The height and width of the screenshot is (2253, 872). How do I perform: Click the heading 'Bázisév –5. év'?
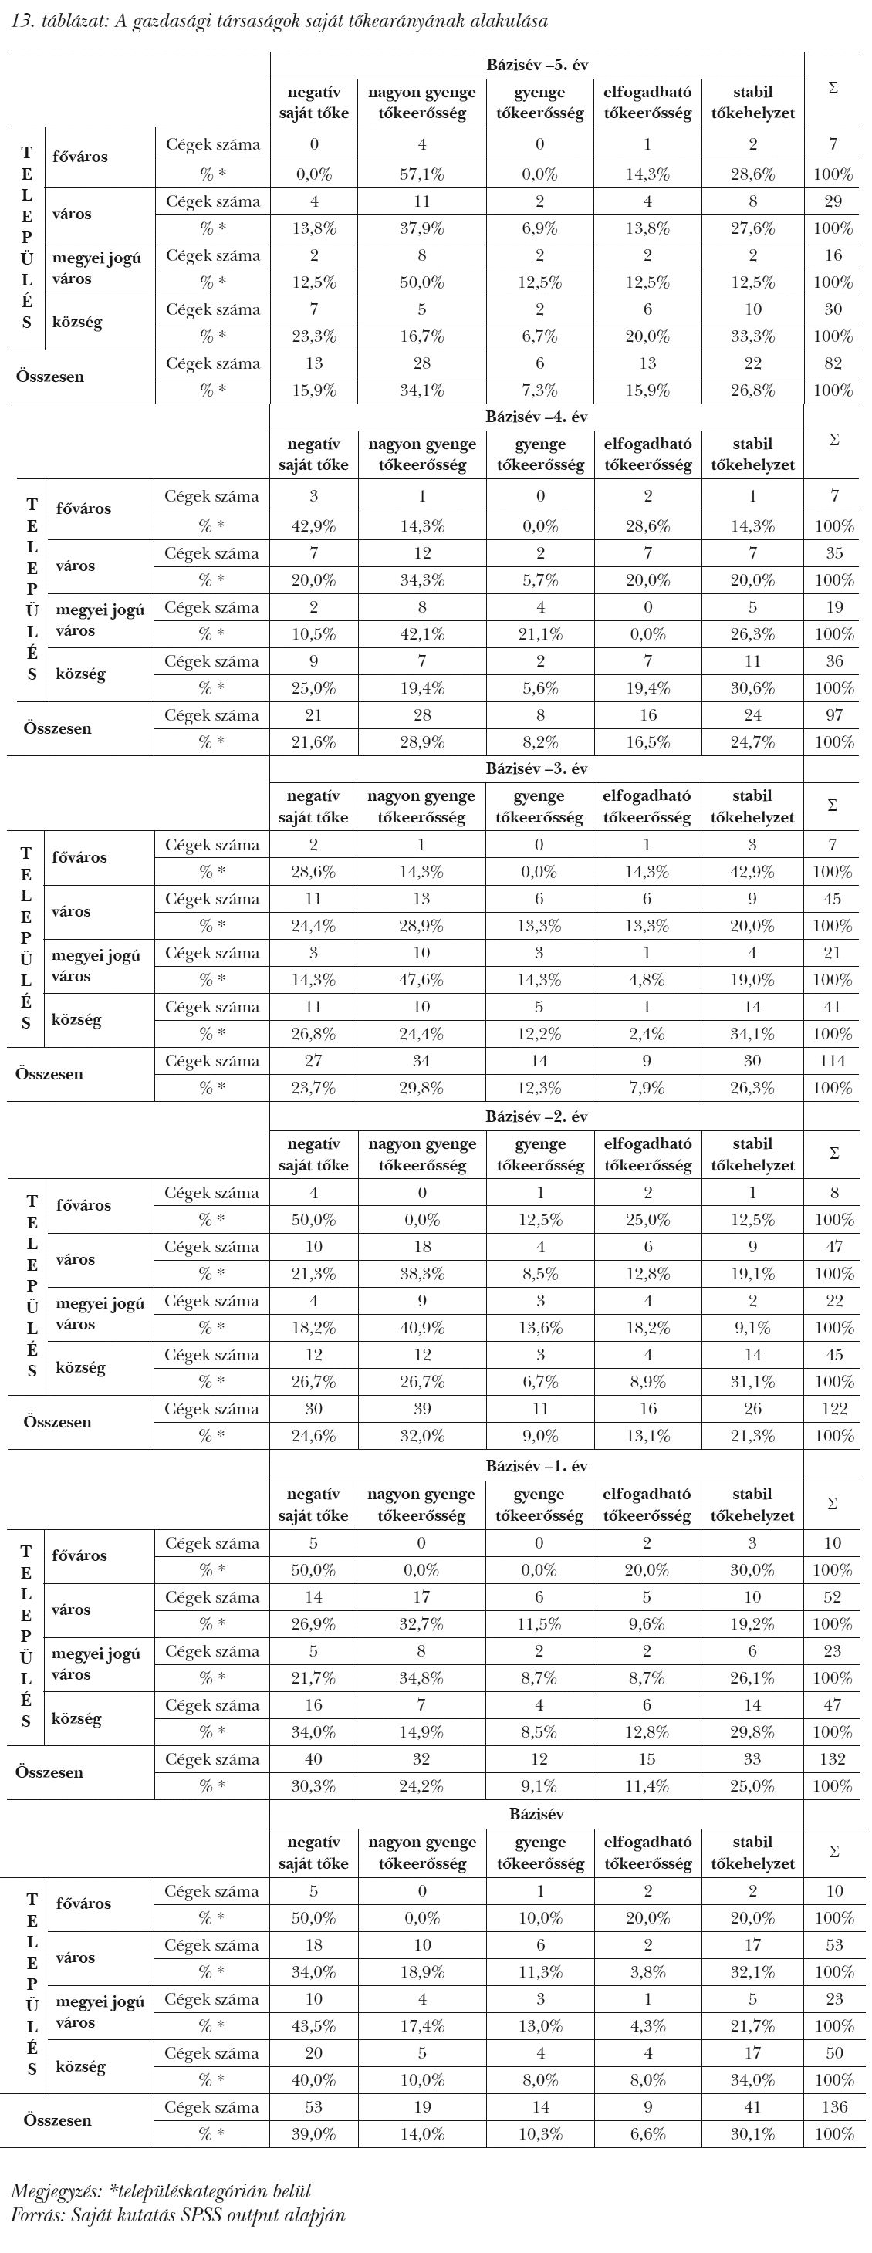click(537, 65)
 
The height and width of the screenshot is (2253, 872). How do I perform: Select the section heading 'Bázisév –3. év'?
click(537, 768)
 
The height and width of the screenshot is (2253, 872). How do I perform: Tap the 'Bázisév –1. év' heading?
click(537, 1467)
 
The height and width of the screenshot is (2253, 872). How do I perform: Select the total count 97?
click(833, 715)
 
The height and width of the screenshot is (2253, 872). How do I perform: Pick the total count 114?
click(833, 1061)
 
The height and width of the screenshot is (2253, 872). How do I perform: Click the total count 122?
click(834, 1409)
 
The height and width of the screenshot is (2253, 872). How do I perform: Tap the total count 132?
click(833, 1760)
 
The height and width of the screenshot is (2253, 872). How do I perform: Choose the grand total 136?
click(834, 2107)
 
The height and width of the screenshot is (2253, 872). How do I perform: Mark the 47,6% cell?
click(421, 980)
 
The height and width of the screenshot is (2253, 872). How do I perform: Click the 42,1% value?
click(421, 634)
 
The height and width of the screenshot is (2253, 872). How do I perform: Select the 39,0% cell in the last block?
click(313, 2134)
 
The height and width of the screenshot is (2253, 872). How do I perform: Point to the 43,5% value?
click(313, 2025)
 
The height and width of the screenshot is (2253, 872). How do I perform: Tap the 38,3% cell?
click(421, 1273)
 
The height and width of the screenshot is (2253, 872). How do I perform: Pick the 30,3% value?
click(313, 1786)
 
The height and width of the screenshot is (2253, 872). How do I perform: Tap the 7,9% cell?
click(647, 1088)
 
